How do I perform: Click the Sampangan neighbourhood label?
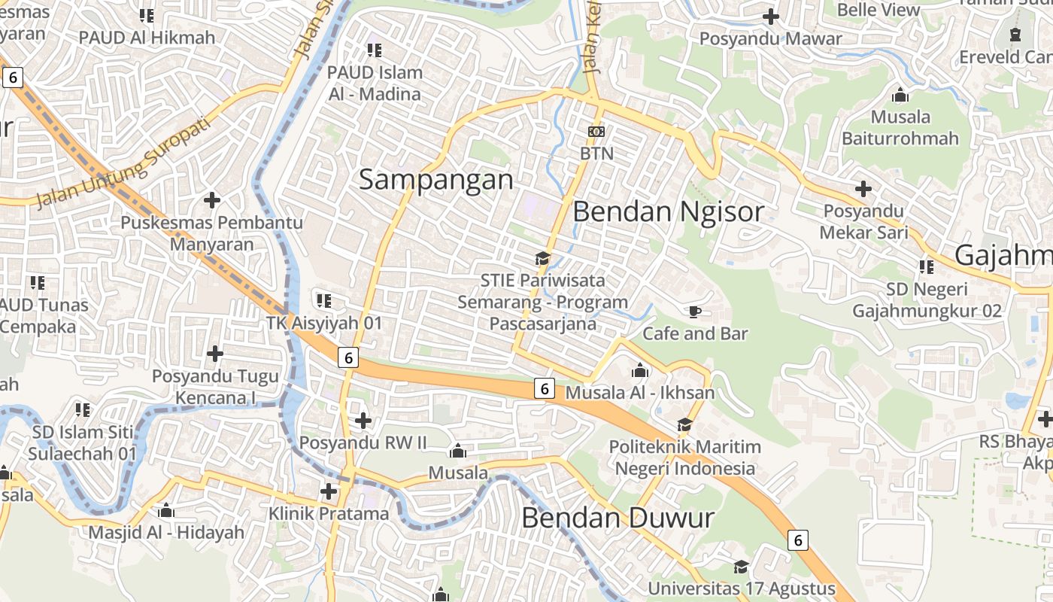pos(436,180)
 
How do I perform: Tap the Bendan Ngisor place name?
pos(668,211)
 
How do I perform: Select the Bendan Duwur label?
pos(618,518)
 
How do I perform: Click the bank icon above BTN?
pos(596,132)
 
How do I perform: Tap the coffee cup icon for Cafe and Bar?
pos(694,311)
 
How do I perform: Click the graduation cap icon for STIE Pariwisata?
pos(542,258)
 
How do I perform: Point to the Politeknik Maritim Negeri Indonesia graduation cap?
pos(684,424)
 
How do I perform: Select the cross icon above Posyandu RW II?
pos(363,420)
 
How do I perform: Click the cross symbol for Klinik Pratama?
pos(329,491)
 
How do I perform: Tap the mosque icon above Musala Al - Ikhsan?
pos(640,370)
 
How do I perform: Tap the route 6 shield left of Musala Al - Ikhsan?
pos(545,388)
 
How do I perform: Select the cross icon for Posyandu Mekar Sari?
pos(863,188)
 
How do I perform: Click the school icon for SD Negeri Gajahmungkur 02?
pos(926,266)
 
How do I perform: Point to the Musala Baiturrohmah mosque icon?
pos(900,96)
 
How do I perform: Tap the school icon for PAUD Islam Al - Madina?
pos(374,50)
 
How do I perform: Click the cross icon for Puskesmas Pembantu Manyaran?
pos(212,200)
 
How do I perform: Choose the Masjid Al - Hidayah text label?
pos(166,533)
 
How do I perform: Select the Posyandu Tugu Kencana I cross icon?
pos(215,353)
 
